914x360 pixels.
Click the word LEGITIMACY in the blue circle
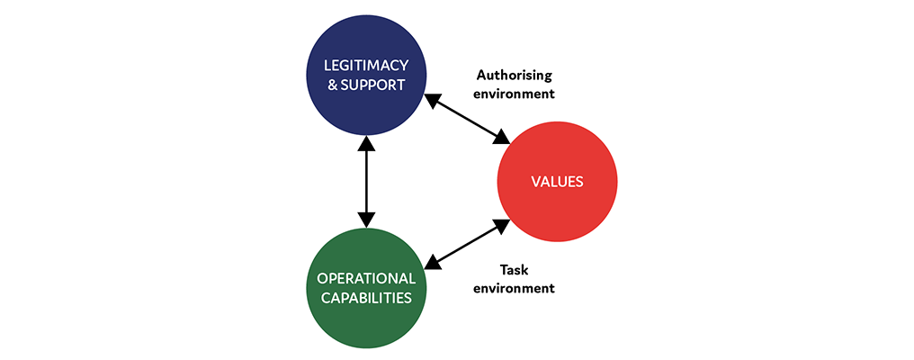[x=366, y=66]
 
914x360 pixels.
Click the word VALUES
[x=558, y=182]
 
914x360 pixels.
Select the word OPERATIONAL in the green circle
[x=366, y=278]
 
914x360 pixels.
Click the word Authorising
[x=515, y=75]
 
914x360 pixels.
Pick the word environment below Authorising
[x=515, y=93]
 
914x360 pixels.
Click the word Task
[x=515, y=269]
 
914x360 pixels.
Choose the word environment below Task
[x=515, y=288]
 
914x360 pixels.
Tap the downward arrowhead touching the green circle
[x=366, y=219]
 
